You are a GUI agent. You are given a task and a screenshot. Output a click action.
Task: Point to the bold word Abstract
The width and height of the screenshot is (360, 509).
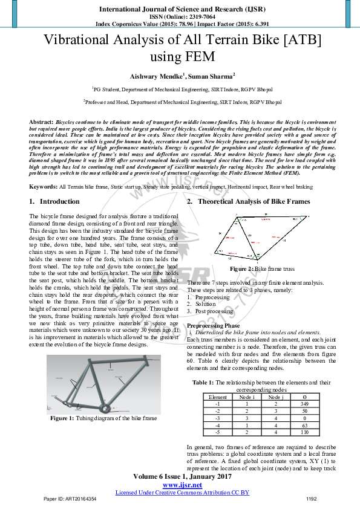41,122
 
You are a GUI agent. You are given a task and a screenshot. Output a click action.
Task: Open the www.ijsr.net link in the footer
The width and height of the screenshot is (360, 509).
182,485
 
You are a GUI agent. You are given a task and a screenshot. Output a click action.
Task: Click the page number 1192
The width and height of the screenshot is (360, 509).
312,499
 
